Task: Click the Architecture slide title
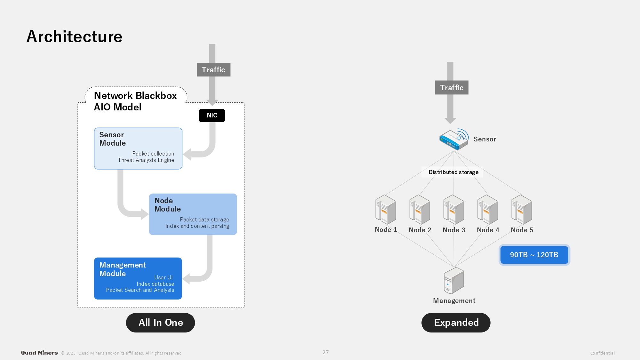[74, 36]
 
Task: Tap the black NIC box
[212, 116]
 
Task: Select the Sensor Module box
[138, 148]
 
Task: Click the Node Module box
[193, 214]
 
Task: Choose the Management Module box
[138, 278]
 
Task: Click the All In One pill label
[160, 323]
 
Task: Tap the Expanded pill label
[456, 323]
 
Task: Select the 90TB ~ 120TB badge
[534, 255]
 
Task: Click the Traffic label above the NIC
[213, 70]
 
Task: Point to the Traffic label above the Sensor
[452, 88]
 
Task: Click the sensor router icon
[454, 140]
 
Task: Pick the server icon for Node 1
[386, 210]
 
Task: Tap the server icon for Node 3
[454, 210]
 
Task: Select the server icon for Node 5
[522, 210]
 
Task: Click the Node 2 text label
[420, 230]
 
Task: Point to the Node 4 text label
[488, 230]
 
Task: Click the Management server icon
[454, 281]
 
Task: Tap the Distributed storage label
[453, 172]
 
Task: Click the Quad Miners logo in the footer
[39, 353]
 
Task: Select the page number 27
[325, 352]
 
